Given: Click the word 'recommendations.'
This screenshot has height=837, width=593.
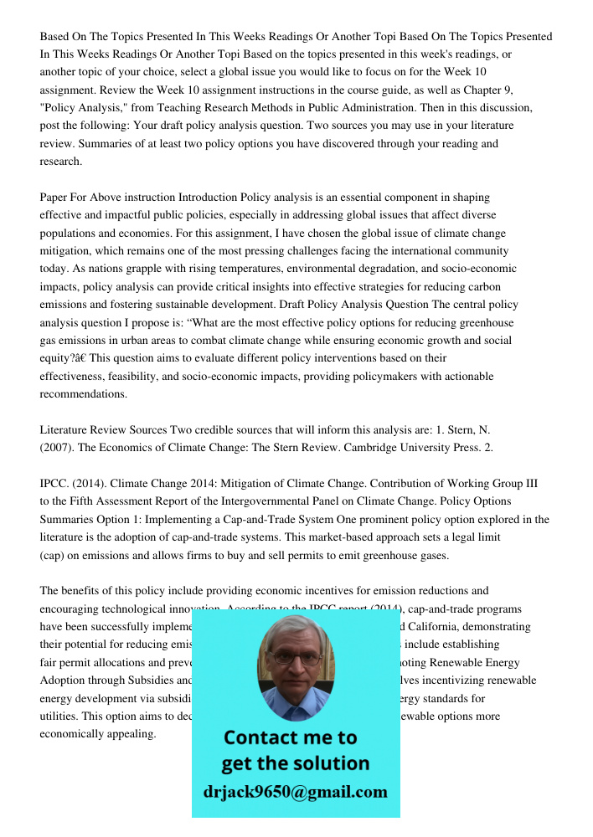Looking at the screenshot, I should click(84, 393).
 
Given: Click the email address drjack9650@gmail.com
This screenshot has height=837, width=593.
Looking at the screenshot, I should click(295, 792).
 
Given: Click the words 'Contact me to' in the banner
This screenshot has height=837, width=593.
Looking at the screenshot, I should click(290, 737).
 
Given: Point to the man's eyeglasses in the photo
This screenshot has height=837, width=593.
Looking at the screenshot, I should click(295, 659).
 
